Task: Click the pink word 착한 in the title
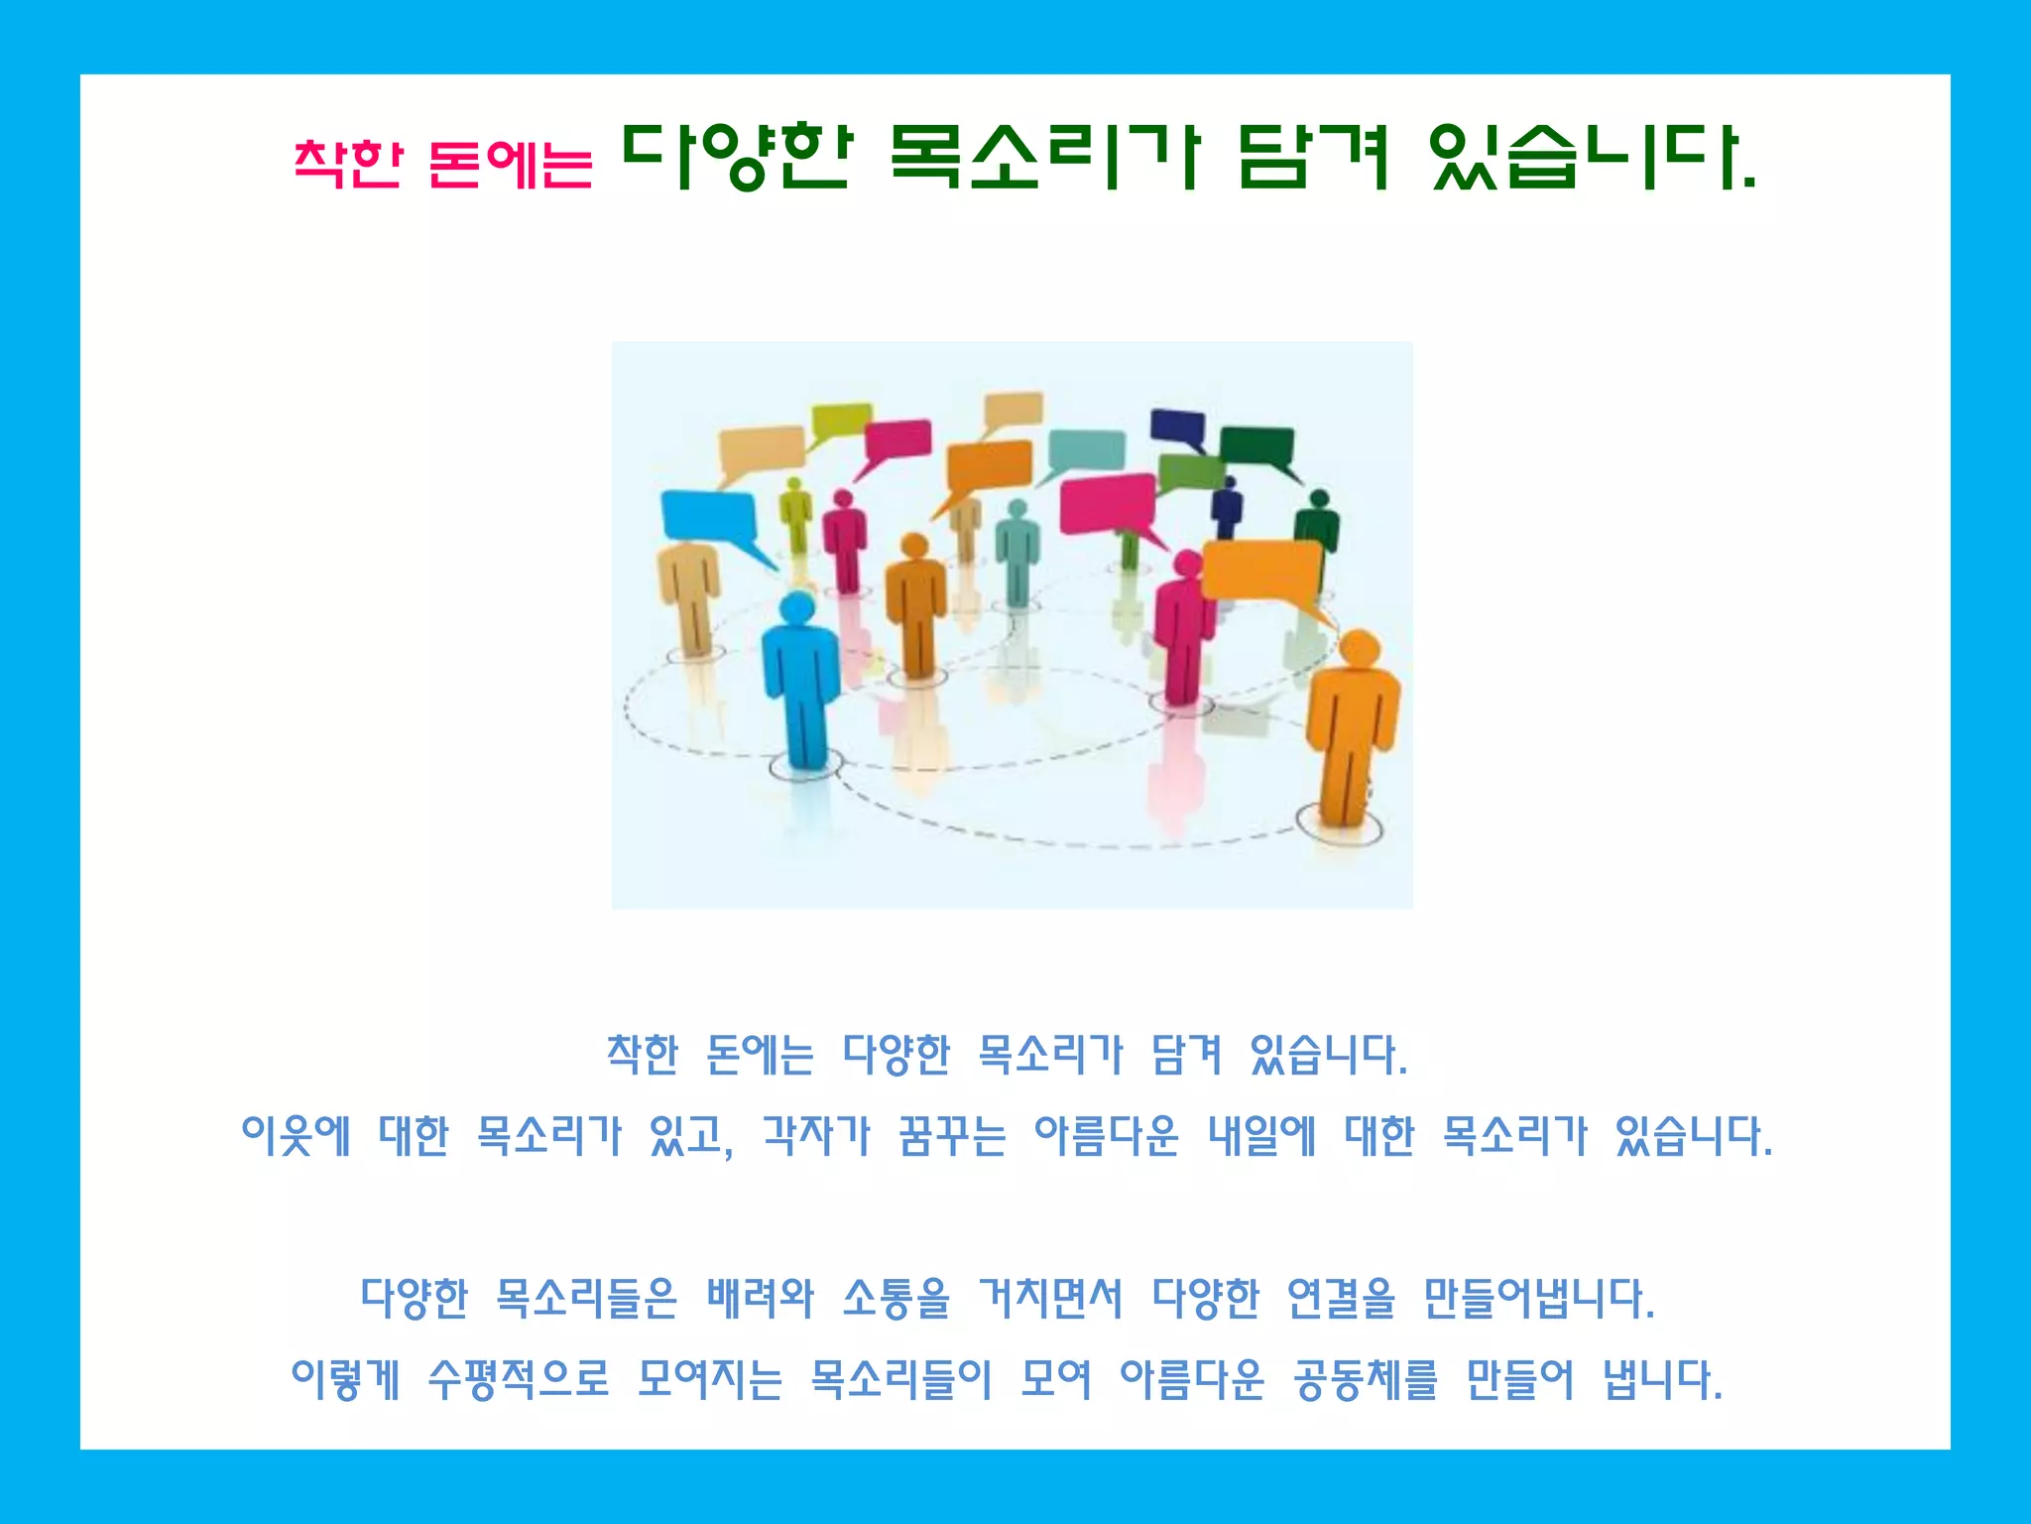coord(348,164)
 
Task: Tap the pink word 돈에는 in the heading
coord(511,164)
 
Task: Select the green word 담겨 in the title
coord(1315,157)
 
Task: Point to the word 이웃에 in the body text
coord(297,1136)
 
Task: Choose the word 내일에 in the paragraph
coord(1261,1136)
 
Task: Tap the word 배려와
coord(760,1298)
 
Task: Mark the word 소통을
coord(896,1298)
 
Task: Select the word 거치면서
coord(1051,1298)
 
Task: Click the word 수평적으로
coord(519,1379)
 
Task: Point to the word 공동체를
coord(1365,1379)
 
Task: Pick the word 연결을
coord(1341,1298)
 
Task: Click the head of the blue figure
coord(797,606)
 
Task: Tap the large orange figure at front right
coord(1352,724)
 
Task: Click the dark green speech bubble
coord(1256,445)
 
